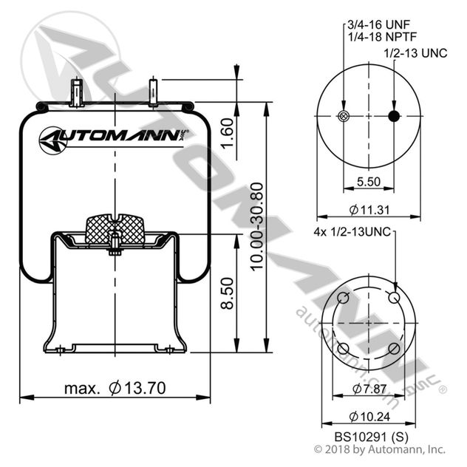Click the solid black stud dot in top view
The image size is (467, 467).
[394, 116]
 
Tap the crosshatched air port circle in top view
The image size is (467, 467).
[341, 116]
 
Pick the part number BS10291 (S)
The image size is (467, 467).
[368, 436]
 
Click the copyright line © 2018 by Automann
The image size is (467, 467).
[380, 449]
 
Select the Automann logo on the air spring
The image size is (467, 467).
[115, 136]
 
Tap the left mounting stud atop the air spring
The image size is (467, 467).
[76, 94]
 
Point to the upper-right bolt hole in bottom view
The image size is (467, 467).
[395, 296]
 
